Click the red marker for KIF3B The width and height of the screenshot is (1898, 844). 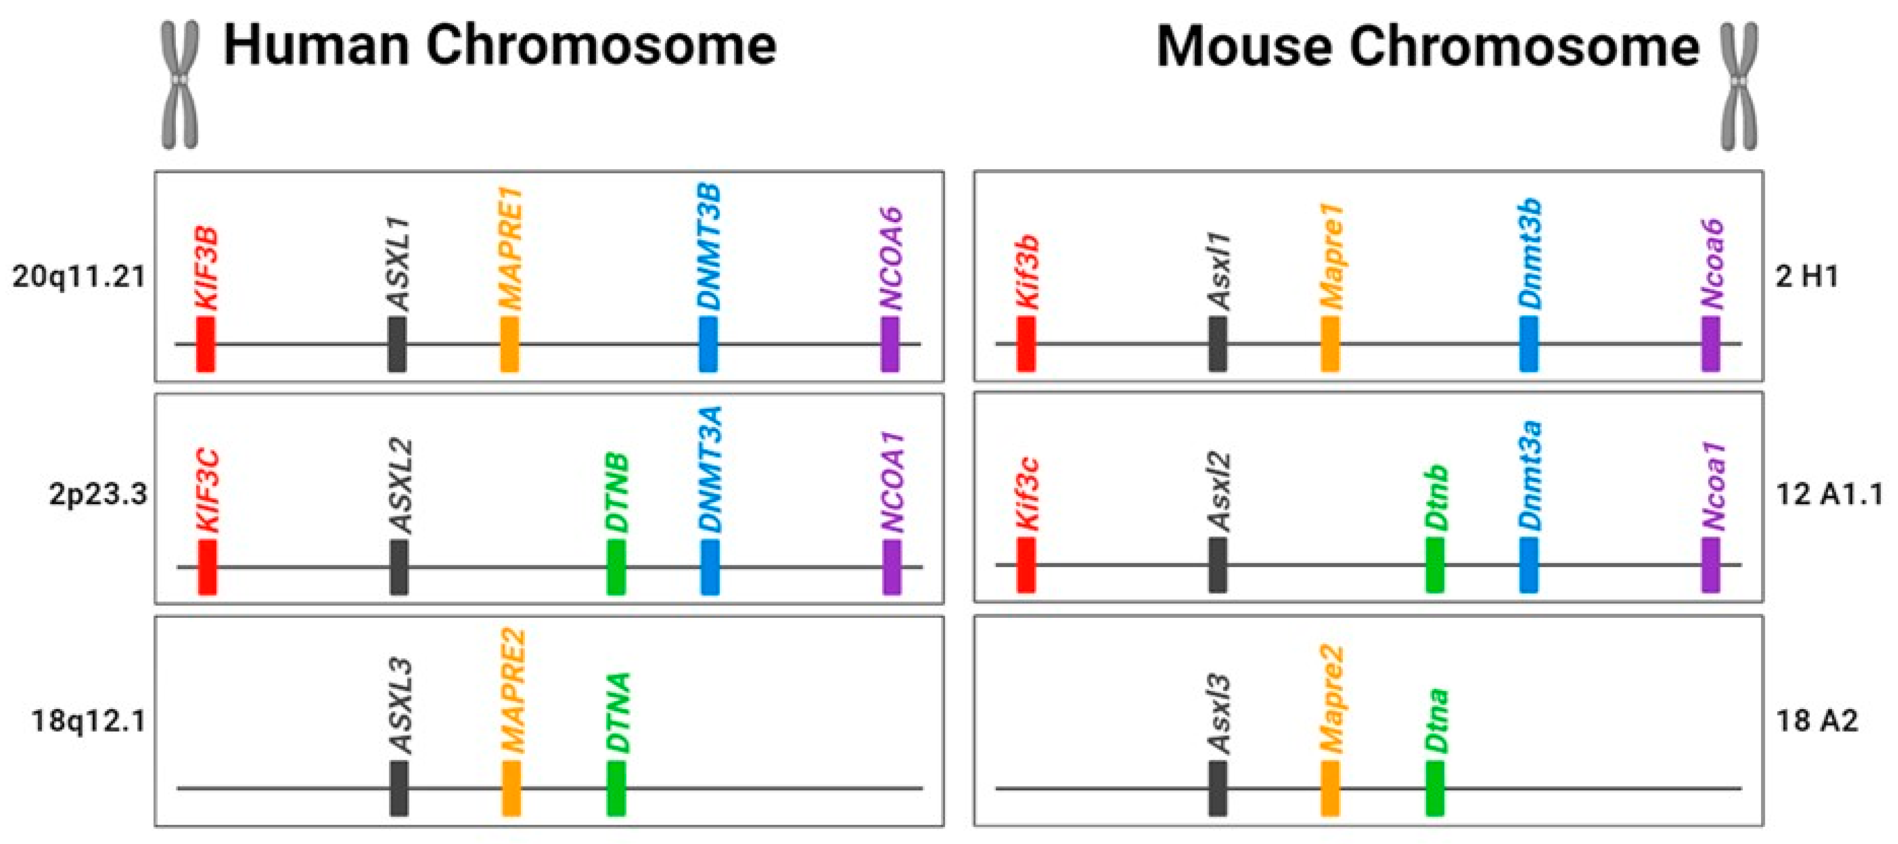[205, 343]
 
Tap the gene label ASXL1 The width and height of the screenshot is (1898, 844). [398, 264]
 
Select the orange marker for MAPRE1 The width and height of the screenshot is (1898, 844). [509, 343]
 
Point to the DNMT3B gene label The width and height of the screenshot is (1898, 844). [709, 247]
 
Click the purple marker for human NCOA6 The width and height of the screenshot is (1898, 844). [890, 343]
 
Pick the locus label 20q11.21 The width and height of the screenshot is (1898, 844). [79, 277]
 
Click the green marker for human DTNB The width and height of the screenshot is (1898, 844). [616, 567]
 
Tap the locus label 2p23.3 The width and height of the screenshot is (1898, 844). [98, 494]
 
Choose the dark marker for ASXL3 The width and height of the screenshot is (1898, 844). [398, 788]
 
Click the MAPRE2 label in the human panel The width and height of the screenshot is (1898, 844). [512, 690]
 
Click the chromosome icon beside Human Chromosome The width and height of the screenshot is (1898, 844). [180, 85]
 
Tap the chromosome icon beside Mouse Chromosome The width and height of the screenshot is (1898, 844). [1738, 86]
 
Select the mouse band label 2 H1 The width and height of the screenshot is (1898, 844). [1807, 277]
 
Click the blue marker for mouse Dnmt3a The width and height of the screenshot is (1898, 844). [1528, 564]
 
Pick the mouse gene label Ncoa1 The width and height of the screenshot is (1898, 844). [1713, 487]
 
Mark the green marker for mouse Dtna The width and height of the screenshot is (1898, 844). [1435, 788]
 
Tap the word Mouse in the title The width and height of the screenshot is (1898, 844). [1244, 47]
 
